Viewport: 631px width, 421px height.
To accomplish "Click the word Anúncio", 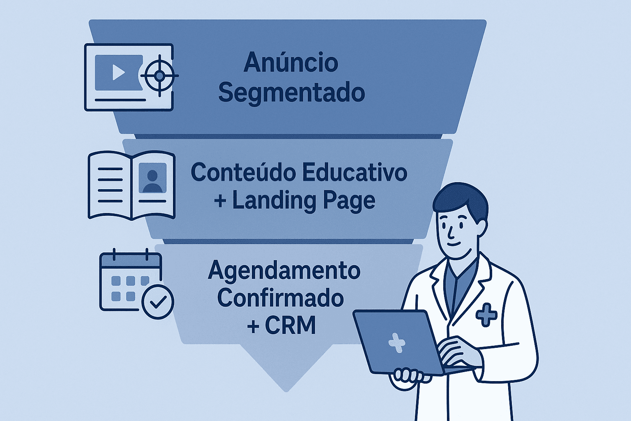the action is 291,63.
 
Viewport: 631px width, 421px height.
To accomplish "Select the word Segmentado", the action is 291,93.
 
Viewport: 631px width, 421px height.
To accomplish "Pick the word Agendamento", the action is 284,271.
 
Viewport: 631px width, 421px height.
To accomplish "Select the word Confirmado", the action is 281,298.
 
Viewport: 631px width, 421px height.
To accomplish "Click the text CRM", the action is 290,326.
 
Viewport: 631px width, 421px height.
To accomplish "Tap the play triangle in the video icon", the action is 118,73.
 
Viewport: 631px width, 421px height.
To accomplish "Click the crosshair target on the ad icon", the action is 159,76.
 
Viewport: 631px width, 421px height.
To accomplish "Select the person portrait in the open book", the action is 152,178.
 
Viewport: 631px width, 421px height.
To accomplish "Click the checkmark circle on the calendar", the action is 157,302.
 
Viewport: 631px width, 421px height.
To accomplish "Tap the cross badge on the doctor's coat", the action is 486,315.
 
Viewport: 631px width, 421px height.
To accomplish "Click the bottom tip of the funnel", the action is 286,390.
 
